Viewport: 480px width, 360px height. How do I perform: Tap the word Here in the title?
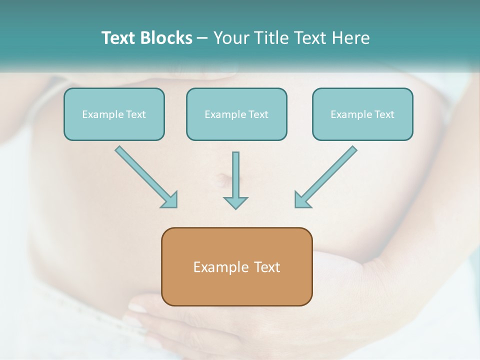(351, 38)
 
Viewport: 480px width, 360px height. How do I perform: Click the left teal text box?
(114, 114)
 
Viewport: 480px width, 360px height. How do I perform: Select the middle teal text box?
(236, 114)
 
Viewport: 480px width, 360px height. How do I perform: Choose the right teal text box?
(362, 114)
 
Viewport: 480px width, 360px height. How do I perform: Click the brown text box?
(236, 266)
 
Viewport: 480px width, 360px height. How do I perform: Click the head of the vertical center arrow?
(235, 202)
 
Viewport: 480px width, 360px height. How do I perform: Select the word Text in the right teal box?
(384, 114)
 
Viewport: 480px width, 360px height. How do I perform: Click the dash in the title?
(202, 38)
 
